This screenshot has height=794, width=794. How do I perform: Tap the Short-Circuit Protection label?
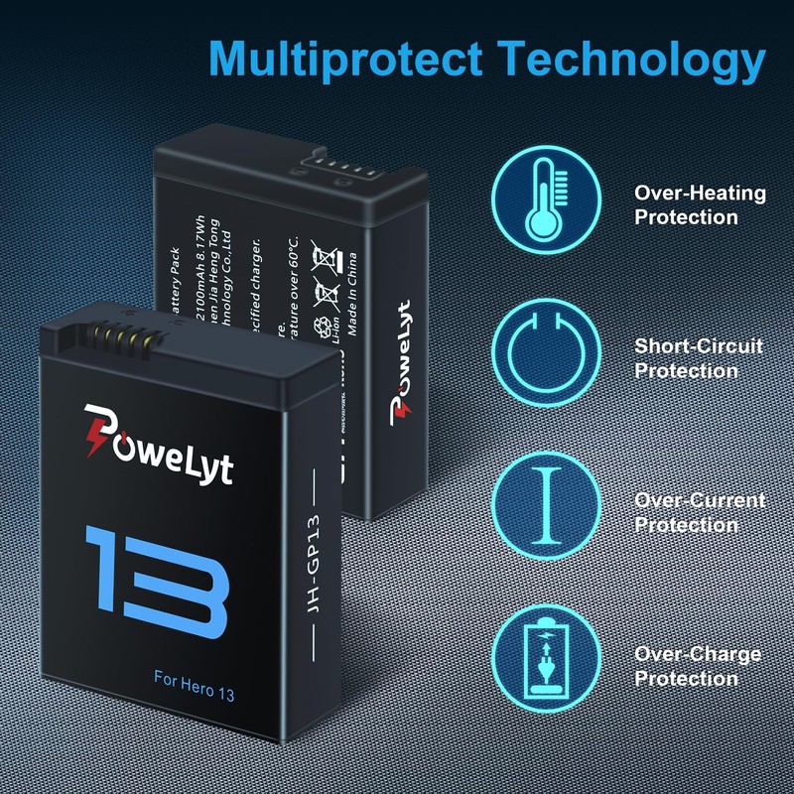pyautogui.click(x=699, y=358)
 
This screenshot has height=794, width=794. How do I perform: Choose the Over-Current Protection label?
pyautogui.click(x=700, y=512)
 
